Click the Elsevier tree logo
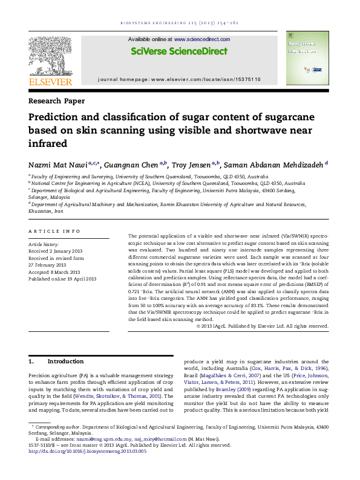pyautogui.click(x=50, y=55)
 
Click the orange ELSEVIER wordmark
pyautogui.click(x=51, y=82)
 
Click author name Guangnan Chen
pyautogui.click(x=129, y=164)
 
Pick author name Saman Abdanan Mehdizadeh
pyautogui.click(x=272, y=164)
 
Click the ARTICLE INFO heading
pyautogui.click(x=54, y=232)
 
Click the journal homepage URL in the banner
pyautogui.click(x=205, y=80)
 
